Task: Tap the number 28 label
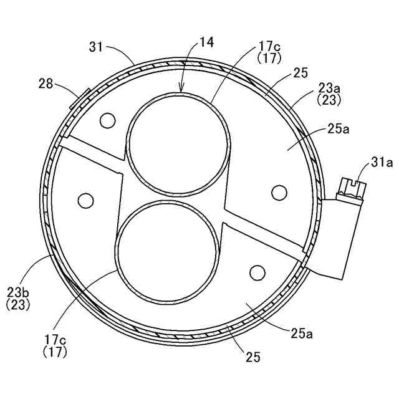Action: pos(46,83)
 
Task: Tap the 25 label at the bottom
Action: pos(253,357)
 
